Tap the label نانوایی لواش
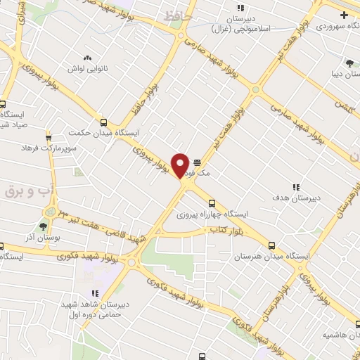tap(87, 69)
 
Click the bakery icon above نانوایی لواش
tap(87, 58)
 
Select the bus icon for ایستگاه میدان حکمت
tap(104, 121)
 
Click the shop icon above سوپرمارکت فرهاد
tap(49, 138)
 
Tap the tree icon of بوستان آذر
tap(44, 226)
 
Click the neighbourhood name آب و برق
tap(25, 191)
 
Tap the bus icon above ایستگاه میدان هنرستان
tap(272, 247)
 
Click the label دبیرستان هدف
tap(295, 198)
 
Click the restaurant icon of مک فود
tap(196, 161)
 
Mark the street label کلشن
tap(342, 110)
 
